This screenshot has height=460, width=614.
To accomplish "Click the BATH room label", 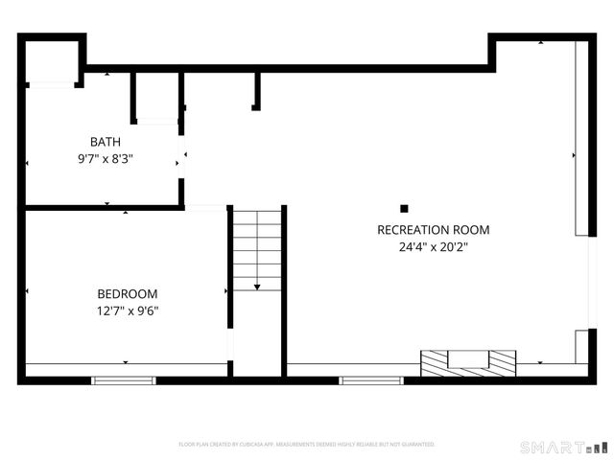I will point(106,142).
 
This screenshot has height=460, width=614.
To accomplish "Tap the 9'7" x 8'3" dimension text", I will point(106,160).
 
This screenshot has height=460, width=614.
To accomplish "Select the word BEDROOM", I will point(128,293).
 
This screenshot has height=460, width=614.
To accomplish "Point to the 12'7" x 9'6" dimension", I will point(128,310).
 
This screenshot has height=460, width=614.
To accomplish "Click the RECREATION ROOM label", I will point(434,230).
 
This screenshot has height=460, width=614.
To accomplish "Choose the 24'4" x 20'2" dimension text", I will point(434,247).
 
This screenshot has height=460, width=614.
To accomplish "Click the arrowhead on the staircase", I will point(257,286).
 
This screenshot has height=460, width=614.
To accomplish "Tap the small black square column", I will point(405,208).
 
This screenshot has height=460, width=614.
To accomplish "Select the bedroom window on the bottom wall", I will point(123,380).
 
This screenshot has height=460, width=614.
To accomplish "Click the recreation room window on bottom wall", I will point(368,380).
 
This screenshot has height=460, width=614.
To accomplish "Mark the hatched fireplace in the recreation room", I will point(468,362).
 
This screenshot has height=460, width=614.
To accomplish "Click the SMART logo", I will point(564,447).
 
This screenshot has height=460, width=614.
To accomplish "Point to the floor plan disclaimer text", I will point(307,445).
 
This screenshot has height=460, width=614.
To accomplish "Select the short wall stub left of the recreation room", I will point(256,90).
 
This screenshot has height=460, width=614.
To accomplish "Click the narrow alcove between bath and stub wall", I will point(157,96).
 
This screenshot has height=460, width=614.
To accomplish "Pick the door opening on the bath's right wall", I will point(183,159).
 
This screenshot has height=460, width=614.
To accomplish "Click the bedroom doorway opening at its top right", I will point(205,207).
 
